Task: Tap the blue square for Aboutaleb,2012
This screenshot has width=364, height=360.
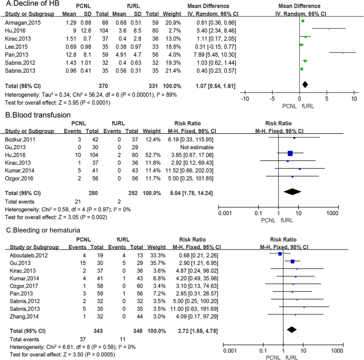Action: (280, 254)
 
